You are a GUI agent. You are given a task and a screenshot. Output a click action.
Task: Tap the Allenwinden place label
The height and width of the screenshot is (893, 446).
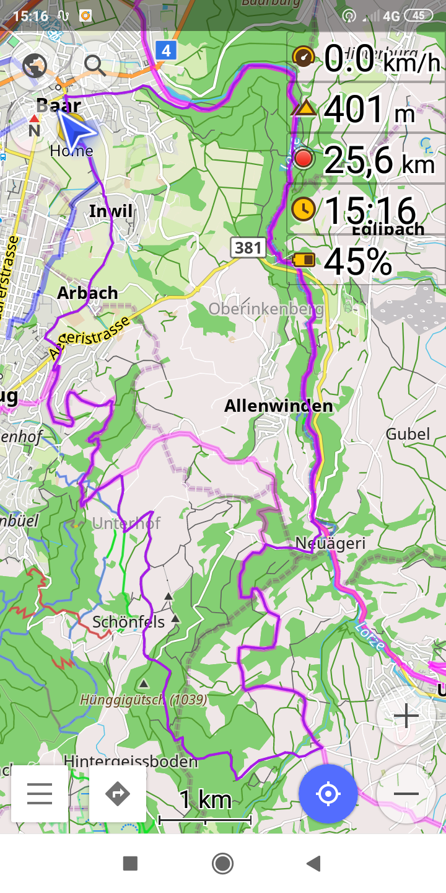click(278, 406)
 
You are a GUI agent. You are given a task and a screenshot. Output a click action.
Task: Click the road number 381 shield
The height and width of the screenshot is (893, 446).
click(248, 248)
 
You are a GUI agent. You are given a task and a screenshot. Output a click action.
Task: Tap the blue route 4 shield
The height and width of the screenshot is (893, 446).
click(165, 50)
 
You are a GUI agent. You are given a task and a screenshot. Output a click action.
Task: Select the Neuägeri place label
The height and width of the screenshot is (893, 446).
click(330, 543)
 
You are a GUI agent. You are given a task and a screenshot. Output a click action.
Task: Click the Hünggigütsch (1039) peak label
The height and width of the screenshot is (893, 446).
click(144, 700)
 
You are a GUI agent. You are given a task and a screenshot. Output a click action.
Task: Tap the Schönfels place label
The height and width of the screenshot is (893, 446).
click(129, 621)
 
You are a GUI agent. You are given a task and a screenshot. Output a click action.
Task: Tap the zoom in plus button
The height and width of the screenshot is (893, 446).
click(406, 716)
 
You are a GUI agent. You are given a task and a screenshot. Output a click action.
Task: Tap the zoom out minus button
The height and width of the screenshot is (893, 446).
click(406, 794)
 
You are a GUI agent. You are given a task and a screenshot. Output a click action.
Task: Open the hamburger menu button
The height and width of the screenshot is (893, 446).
click(40, 794)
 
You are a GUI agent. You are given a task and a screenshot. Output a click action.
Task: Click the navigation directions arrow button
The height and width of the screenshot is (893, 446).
click(118, 794)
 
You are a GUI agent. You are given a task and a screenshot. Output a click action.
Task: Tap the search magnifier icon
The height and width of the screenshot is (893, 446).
click(94, 64)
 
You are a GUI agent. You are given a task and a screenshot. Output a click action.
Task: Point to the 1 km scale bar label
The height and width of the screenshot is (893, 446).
click(205, 800)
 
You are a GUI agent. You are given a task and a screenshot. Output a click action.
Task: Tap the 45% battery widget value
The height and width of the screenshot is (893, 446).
click(358, 261)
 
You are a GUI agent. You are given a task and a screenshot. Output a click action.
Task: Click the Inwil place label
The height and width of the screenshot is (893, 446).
click(111, 211)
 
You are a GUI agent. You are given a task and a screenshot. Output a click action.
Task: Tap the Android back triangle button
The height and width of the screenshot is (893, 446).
click(314, 863)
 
